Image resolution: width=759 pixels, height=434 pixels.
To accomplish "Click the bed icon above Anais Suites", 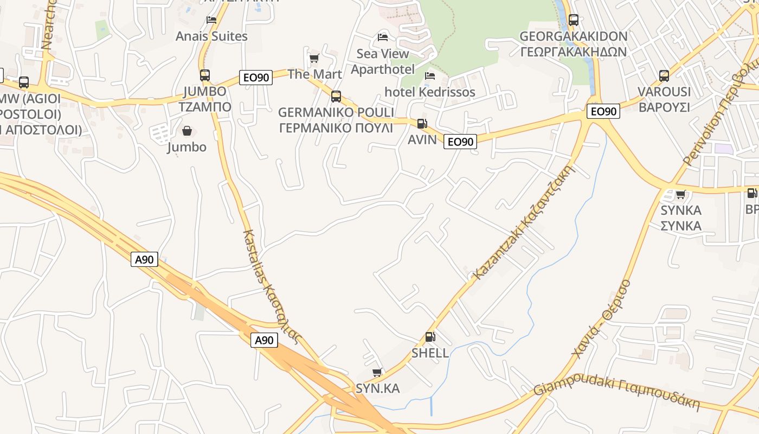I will point(211,20).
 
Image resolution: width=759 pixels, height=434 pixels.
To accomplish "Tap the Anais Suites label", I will point(211,36).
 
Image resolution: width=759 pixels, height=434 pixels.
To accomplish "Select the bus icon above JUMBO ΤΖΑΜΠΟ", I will point(205,75).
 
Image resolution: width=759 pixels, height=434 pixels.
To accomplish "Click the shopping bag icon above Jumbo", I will point(187,131).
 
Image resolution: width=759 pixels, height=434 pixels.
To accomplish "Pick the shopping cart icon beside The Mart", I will point(314,58).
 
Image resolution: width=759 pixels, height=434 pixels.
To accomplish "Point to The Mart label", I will point(314,74).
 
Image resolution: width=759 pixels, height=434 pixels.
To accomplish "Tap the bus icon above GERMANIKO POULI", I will point(336,97).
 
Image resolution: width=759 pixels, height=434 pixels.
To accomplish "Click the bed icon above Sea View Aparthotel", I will point(383,37).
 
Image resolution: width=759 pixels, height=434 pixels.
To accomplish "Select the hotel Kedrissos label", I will point(430,92).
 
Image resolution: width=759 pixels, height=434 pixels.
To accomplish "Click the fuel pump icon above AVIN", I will point(422,124).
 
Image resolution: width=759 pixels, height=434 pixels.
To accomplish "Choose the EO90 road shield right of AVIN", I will point(460,142).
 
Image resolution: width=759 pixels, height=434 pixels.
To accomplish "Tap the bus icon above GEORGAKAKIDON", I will point(573,20).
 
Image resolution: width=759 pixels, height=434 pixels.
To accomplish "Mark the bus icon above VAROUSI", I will point(664,76).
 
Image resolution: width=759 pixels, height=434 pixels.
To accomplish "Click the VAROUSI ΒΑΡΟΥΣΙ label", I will point(664,99).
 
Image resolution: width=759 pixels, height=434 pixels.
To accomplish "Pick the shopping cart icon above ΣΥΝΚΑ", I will point(681,194).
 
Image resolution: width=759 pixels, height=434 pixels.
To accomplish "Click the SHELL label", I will point(430,353).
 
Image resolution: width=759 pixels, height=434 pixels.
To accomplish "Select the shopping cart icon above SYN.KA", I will point(377,372).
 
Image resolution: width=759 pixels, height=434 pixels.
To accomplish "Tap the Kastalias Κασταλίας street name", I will point(271,288).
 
